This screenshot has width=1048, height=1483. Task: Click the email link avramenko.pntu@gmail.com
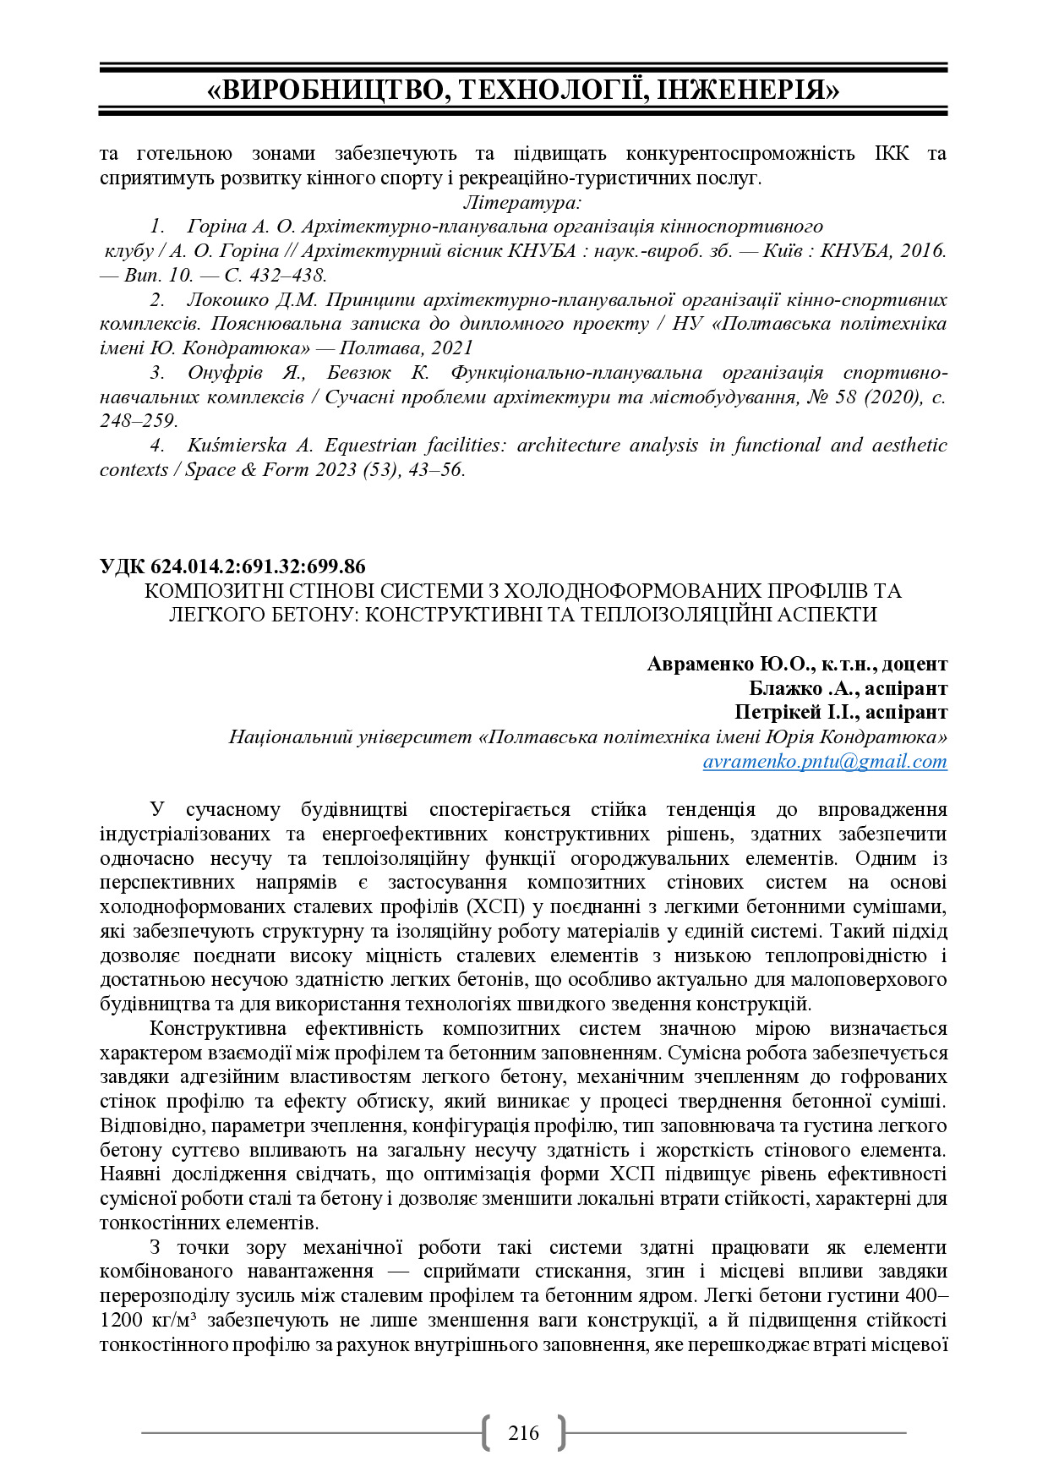824,761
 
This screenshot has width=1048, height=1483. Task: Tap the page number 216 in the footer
523,1432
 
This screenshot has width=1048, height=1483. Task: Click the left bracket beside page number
486,1432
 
